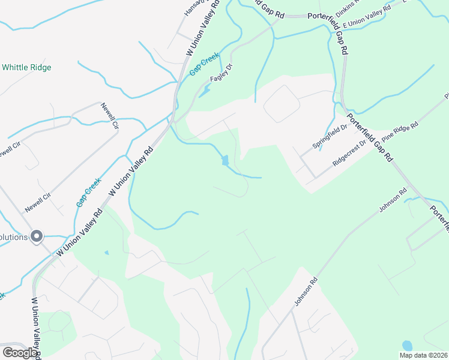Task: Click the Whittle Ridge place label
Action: point(26,67)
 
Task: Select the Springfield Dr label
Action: point(330,137)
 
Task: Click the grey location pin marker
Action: point(37,236)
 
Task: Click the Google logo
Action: point(20,353)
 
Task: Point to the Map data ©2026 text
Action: point(423,355)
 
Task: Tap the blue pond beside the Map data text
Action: point(408,346)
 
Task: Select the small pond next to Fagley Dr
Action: point(206,91)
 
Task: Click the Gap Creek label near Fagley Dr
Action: point(205,64)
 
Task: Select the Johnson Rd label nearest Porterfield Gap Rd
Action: point(393,200)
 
